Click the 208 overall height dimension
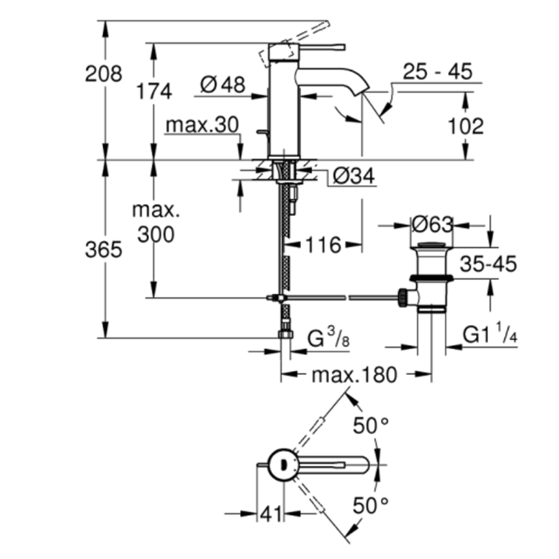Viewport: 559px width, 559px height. [103, 74]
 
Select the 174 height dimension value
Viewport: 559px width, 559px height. [154, 91]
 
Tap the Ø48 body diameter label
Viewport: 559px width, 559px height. [223, 85]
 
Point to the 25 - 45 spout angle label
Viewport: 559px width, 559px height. [437, 71]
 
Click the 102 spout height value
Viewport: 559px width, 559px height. [466, 126]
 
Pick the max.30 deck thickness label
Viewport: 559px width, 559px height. [202, 125]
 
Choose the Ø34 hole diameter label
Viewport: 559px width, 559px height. [354, 176]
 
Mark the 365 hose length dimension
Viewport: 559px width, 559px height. [103, 249]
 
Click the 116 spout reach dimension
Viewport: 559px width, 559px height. [324, 245]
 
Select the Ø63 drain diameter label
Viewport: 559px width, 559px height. [432, 225]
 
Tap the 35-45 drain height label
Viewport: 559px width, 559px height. [488, 264]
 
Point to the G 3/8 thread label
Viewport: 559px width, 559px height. [329, 338]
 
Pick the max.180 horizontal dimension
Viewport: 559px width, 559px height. [354, 375]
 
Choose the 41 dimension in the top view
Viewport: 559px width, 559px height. [271, 514]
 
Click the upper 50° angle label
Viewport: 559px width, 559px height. [370, 425]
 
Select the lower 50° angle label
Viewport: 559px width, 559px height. [370, 505]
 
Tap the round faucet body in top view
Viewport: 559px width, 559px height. [283, 464]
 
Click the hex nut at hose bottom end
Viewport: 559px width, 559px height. [286, 334]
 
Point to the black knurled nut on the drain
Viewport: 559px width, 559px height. [403, 297]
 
